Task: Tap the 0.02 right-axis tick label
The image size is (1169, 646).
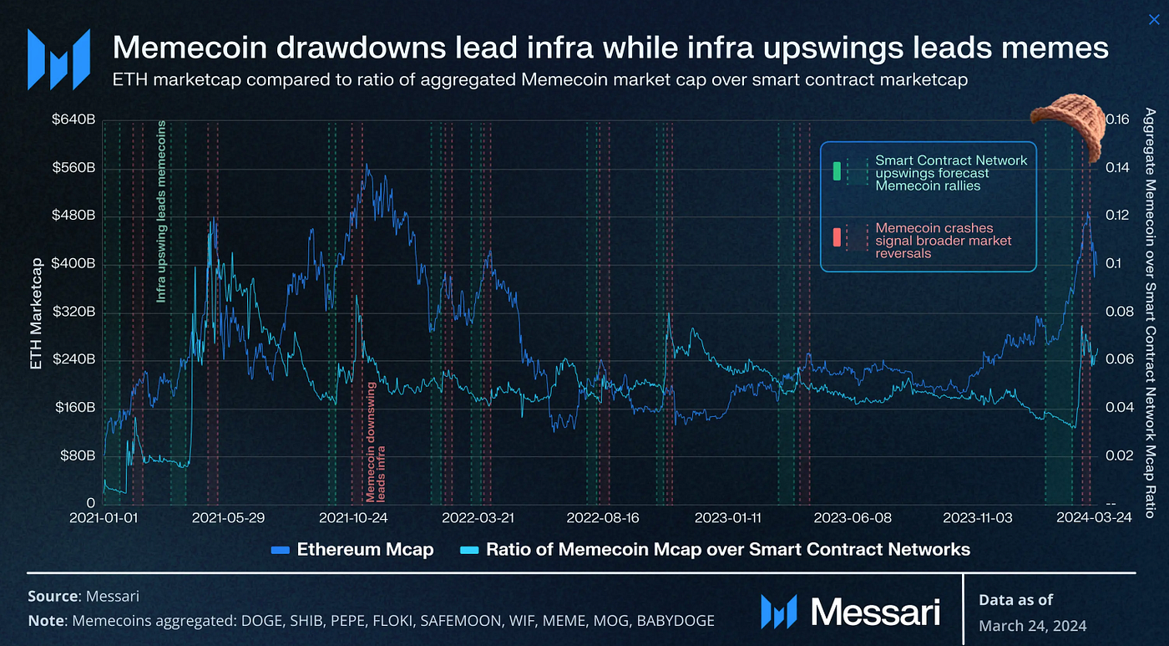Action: click(1119, 455)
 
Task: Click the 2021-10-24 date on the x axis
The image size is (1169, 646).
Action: click(353, 518)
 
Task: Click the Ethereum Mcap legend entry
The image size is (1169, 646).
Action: click(365, 549)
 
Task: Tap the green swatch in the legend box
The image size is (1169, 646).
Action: click(836, 172)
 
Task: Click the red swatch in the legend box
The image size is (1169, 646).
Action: click(836, 241)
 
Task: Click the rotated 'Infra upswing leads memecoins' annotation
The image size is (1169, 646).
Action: click(161, 211)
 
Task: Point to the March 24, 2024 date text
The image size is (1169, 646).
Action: click(1032, 625)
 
